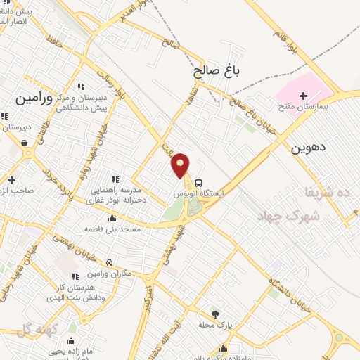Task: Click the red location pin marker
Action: click(181, 165)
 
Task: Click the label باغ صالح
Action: click(214, 71)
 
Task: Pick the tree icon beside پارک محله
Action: click(215, 314)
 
